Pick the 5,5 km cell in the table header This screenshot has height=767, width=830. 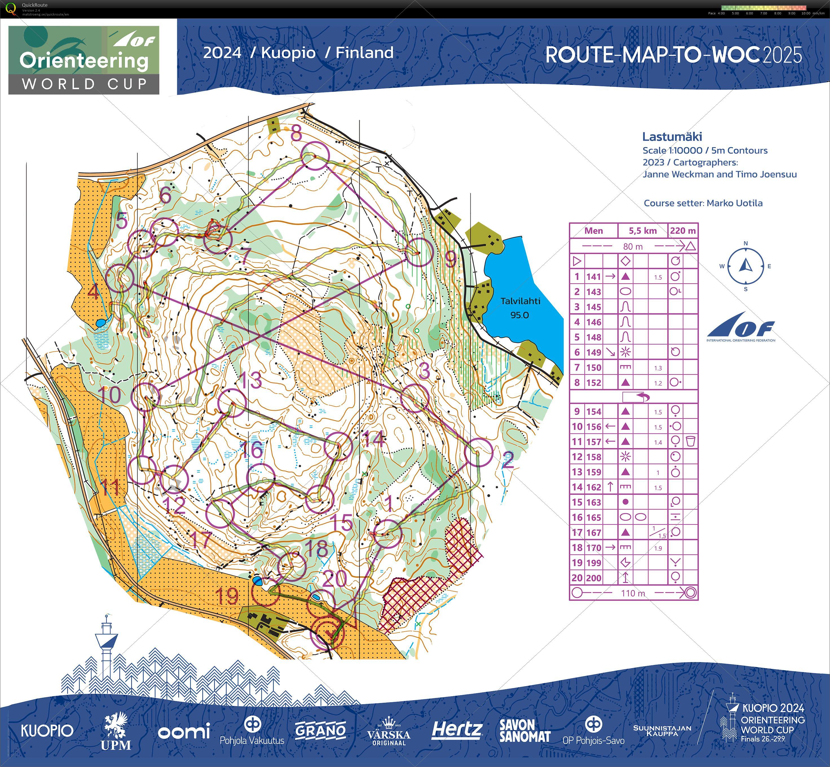pos(642,231)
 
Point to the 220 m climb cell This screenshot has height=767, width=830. pos(683,231)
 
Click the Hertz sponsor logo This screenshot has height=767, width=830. pos(457,730)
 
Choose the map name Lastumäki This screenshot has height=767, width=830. pos(672,137)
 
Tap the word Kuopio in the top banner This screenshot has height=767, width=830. pos(288,53)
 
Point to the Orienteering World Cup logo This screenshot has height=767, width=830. pos(84,60)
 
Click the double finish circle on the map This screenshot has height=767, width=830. pos(327,633)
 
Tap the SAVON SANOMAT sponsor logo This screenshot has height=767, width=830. pos(525,731)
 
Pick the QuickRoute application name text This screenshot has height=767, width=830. pos(35,5)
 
